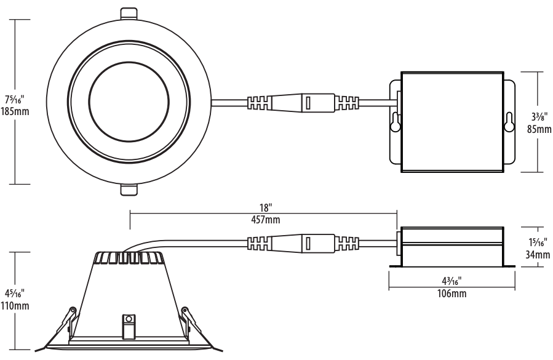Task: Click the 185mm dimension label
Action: tap(15, 112)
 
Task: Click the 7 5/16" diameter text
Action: tap(15, 100)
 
